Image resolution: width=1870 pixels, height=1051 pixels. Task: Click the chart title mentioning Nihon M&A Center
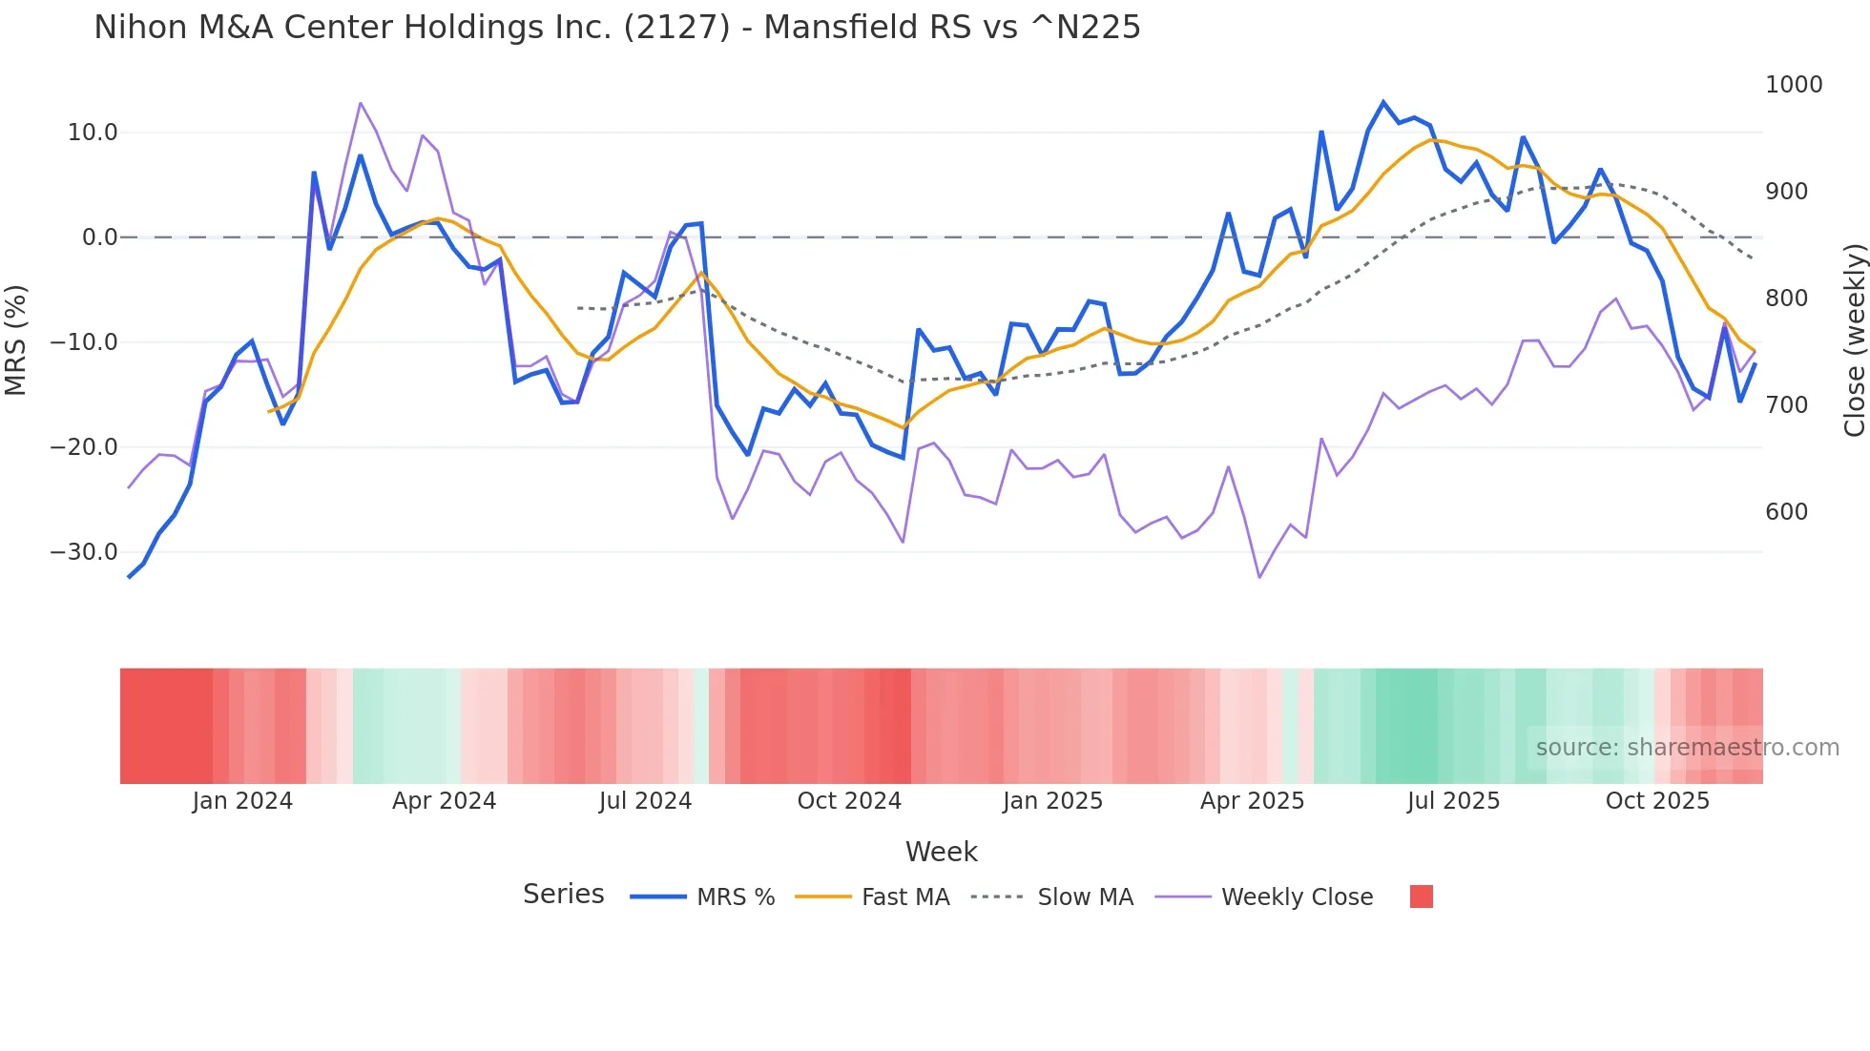click(616, 28)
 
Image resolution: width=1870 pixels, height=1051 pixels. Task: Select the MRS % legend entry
click(735, 897)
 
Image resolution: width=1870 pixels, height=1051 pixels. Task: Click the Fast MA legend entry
click(904, 897)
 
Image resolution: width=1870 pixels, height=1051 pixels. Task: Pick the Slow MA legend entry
click(1085, 897)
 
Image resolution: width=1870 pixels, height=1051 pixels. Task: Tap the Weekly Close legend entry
click(1297, 897)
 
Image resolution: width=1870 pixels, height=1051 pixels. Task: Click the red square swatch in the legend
click(1421, 896)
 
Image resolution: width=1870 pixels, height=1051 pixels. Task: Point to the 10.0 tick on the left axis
click(93, 133)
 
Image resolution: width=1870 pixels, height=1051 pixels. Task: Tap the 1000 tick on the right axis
click(1794, 85)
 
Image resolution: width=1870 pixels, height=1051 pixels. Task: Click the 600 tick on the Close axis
click(1786, 512)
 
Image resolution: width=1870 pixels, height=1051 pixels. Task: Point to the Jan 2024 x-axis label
click(242, 801)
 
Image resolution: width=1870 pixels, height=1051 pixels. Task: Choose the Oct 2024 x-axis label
click(849, 801)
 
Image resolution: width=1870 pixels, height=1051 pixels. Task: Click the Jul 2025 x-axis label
click(1453, 801)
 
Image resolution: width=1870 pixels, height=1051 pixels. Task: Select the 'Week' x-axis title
click(941, 852)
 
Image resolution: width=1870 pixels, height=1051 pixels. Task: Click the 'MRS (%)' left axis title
click(16, 340)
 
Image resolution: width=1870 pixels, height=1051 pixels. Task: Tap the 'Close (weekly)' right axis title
click(1854, 340)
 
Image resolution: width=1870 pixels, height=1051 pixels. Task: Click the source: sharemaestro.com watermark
click(1687, 748)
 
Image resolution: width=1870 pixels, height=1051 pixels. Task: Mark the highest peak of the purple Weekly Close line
click(360, 103)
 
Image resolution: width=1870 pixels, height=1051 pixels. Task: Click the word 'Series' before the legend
click(563, 895)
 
